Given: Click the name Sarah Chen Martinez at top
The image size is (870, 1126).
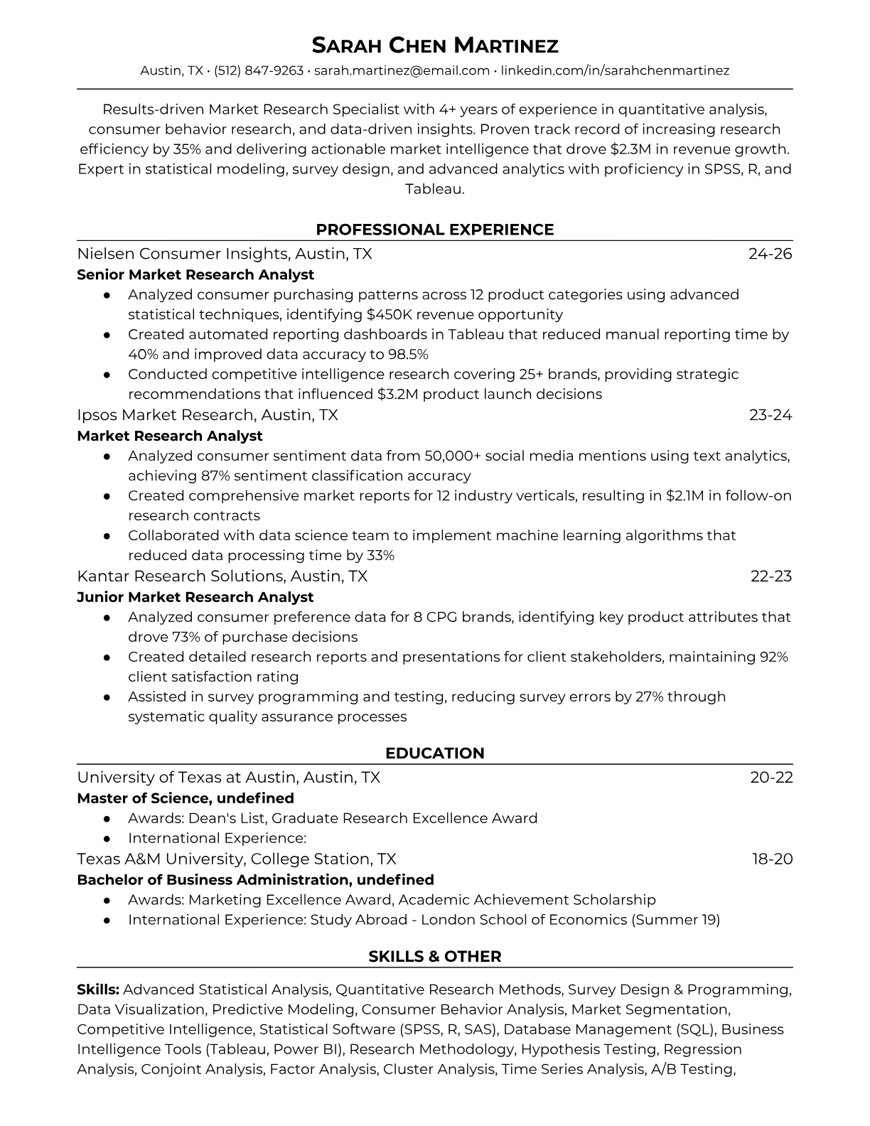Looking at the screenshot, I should pyautogui.click(x=435, y=46).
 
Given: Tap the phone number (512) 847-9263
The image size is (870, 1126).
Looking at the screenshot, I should pyautogui.click(x=259, y=70).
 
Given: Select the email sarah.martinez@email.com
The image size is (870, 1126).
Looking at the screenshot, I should pyautogui.click(x=402, y=70).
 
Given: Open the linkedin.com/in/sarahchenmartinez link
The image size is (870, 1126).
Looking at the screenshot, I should pyautogui.click(x=615, y=70).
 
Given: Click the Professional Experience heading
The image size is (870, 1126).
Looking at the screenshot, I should pyautogui.click(x=435, y=230).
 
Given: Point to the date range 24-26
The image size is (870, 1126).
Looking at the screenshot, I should pyautogui.click(x=770, y=254).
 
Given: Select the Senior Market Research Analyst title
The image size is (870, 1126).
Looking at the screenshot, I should pyautogui.click(x=195, y=274).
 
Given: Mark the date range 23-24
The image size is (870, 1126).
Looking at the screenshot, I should pyautogui.click(x=770, y=415).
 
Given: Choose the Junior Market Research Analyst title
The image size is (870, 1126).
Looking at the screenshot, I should pyautogui.click(x=195, y=597).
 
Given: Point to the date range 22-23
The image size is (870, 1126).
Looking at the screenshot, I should pyautogui.click(x=771, y=577).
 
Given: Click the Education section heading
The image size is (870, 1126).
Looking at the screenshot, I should pyautogui.click(x=435, y=754).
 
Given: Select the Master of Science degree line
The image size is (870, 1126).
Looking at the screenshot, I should pyautogui.click(x=186, y=798).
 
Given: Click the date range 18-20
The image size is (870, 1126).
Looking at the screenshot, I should pyautogui.click(x=772, y=859).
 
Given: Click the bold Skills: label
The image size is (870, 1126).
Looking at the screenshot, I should pyautogui.click(x=98, y=990).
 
